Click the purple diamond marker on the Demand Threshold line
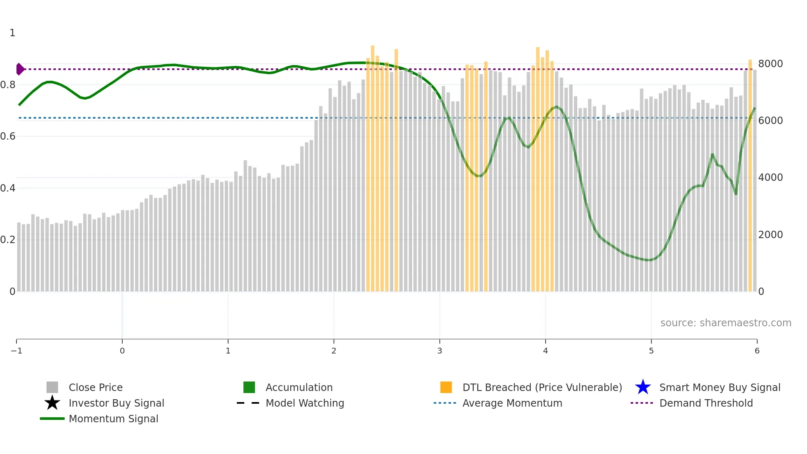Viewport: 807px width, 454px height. pos(20,69)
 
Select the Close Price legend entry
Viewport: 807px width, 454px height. pos(95,387)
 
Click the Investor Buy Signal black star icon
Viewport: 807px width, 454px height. pos(52,403)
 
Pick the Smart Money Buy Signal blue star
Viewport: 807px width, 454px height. pos(643,387)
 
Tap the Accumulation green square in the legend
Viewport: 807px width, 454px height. pos(249,387)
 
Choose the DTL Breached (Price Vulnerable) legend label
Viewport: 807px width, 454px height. pos(542,387)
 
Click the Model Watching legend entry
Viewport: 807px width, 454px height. pos(305,403)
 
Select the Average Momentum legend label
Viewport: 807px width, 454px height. pos(512,403)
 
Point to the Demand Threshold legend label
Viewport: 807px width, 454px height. pos(706,403)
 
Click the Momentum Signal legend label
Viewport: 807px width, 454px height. pos(113,419)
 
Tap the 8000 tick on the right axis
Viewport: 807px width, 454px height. pos(770,64)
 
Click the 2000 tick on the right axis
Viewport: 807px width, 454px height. pos(770,235)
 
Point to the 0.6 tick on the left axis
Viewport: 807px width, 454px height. pos(8,136)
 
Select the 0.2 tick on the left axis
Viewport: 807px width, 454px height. pos(8,240)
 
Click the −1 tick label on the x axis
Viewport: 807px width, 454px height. pos(16,351)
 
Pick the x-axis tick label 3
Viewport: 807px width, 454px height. pos(440,351)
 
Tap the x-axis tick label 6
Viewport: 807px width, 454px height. pos(757,351)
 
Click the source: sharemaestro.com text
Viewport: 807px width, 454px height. pos(725,323)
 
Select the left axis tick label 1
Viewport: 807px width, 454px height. pos(12,33)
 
